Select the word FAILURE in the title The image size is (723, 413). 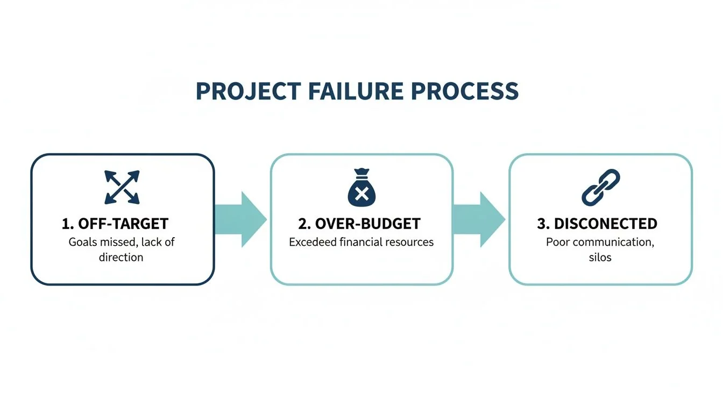[x=358, y=91]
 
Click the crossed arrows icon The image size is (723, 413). [x=122, y=187]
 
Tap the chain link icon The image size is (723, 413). [x=600, y=187]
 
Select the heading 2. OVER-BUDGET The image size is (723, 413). [x=359, y=224]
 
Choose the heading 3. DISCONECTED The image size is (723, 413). [x=597, y=224]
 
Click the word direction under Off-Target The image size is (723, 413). [x=121, y=257]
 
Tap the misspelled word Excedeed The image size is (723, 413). [x=313, y=242]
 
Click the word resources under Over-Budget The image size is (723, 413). [x=411, y=242]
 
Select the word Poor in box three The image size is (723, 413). [x=558, y=242]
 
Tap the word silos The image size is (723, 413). [x=600, y=257]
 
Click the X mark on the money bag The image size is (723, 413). [x=361, y=194]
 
